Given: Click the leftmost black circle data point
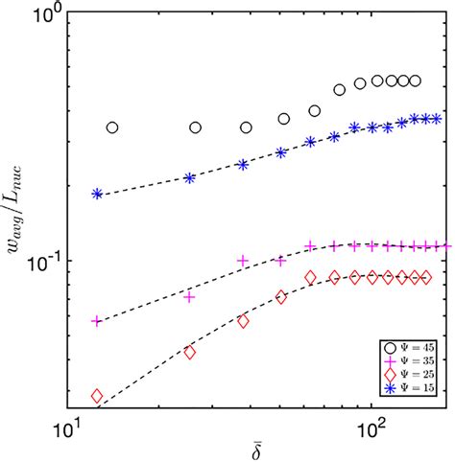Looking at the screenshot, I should coord(112,127).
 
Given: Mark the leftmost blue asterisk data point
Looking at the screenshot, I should coord(97,194).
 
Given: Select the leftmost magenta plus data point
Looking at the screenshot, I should coord(97,321).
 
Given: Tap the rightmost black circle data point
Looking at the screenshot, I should coord(415,81).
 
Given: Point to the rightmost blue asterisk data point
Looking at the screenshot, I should coord(436,119).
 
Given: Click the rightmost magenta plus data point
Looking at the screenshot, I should coord(438,245).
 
